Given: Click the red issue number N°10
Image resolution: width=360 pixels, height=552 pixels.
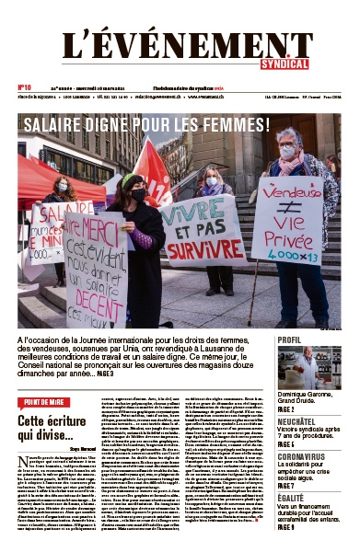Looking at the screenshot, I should (x=26, y=88).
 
